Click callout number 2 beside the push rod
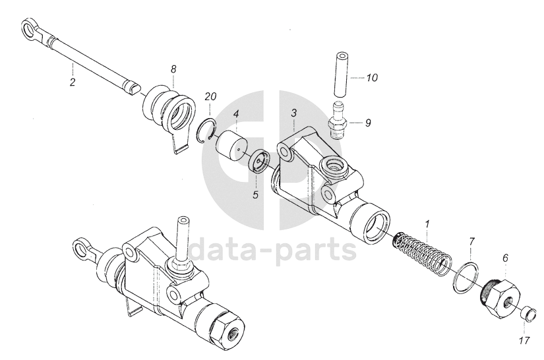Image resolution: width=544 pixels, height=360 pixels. pos(72,82)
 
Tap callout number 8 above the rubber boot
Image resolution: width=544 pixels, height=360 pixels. pos(173,69)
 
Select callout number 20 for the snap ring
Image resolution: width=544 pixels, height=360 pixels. pos(210,97)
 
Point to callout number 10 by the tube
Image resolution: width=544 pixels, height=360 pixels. pos(372,78)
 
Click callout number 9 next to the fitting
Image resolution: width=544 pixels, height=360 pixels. pos(368,123)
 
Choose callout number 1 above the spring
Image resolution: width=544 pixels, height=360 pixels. pos(428,224)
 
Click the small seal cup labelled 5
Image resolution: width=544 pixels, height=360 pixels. pos(260,162)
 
